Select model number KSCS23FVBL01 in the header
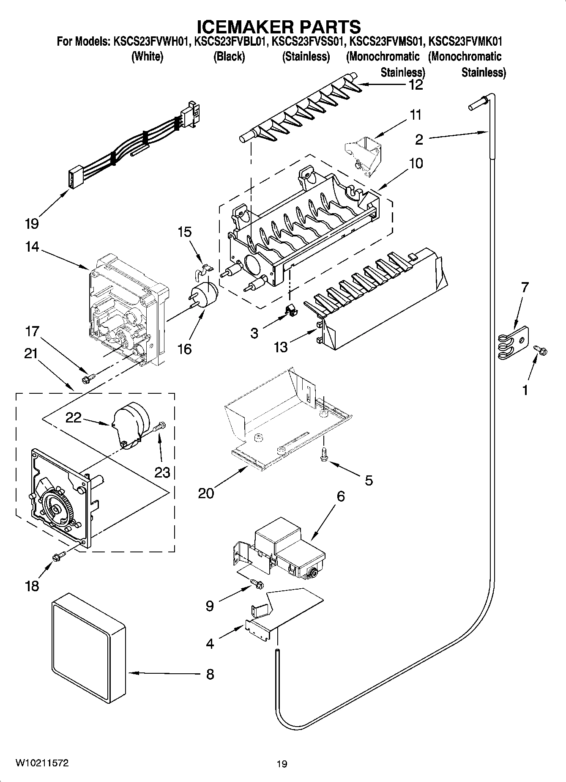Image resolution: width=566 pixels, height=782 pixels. click(x=231, y=42)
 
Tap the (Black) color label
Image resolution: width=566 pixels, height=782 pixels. click(x=229, y=57)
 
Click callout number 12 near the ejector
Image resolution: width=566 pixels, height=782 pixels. click(x=416, y=85)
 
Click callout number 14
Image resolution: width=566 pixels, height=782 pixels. click(x=32, y=247)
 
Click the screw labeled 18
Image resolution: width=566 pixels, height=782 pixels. click(x=59, y=557)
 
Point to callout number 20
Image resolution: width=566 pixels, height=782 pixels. click(x=206, y=493)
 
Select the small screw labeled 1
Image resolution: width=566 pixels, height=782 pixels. click(x=541, y=350)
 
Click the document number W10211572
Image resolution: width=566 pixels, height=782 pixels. click(x=42, y=763)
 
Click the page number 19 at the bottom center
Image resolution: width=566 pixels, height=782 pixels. click(x=282, y=764)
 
